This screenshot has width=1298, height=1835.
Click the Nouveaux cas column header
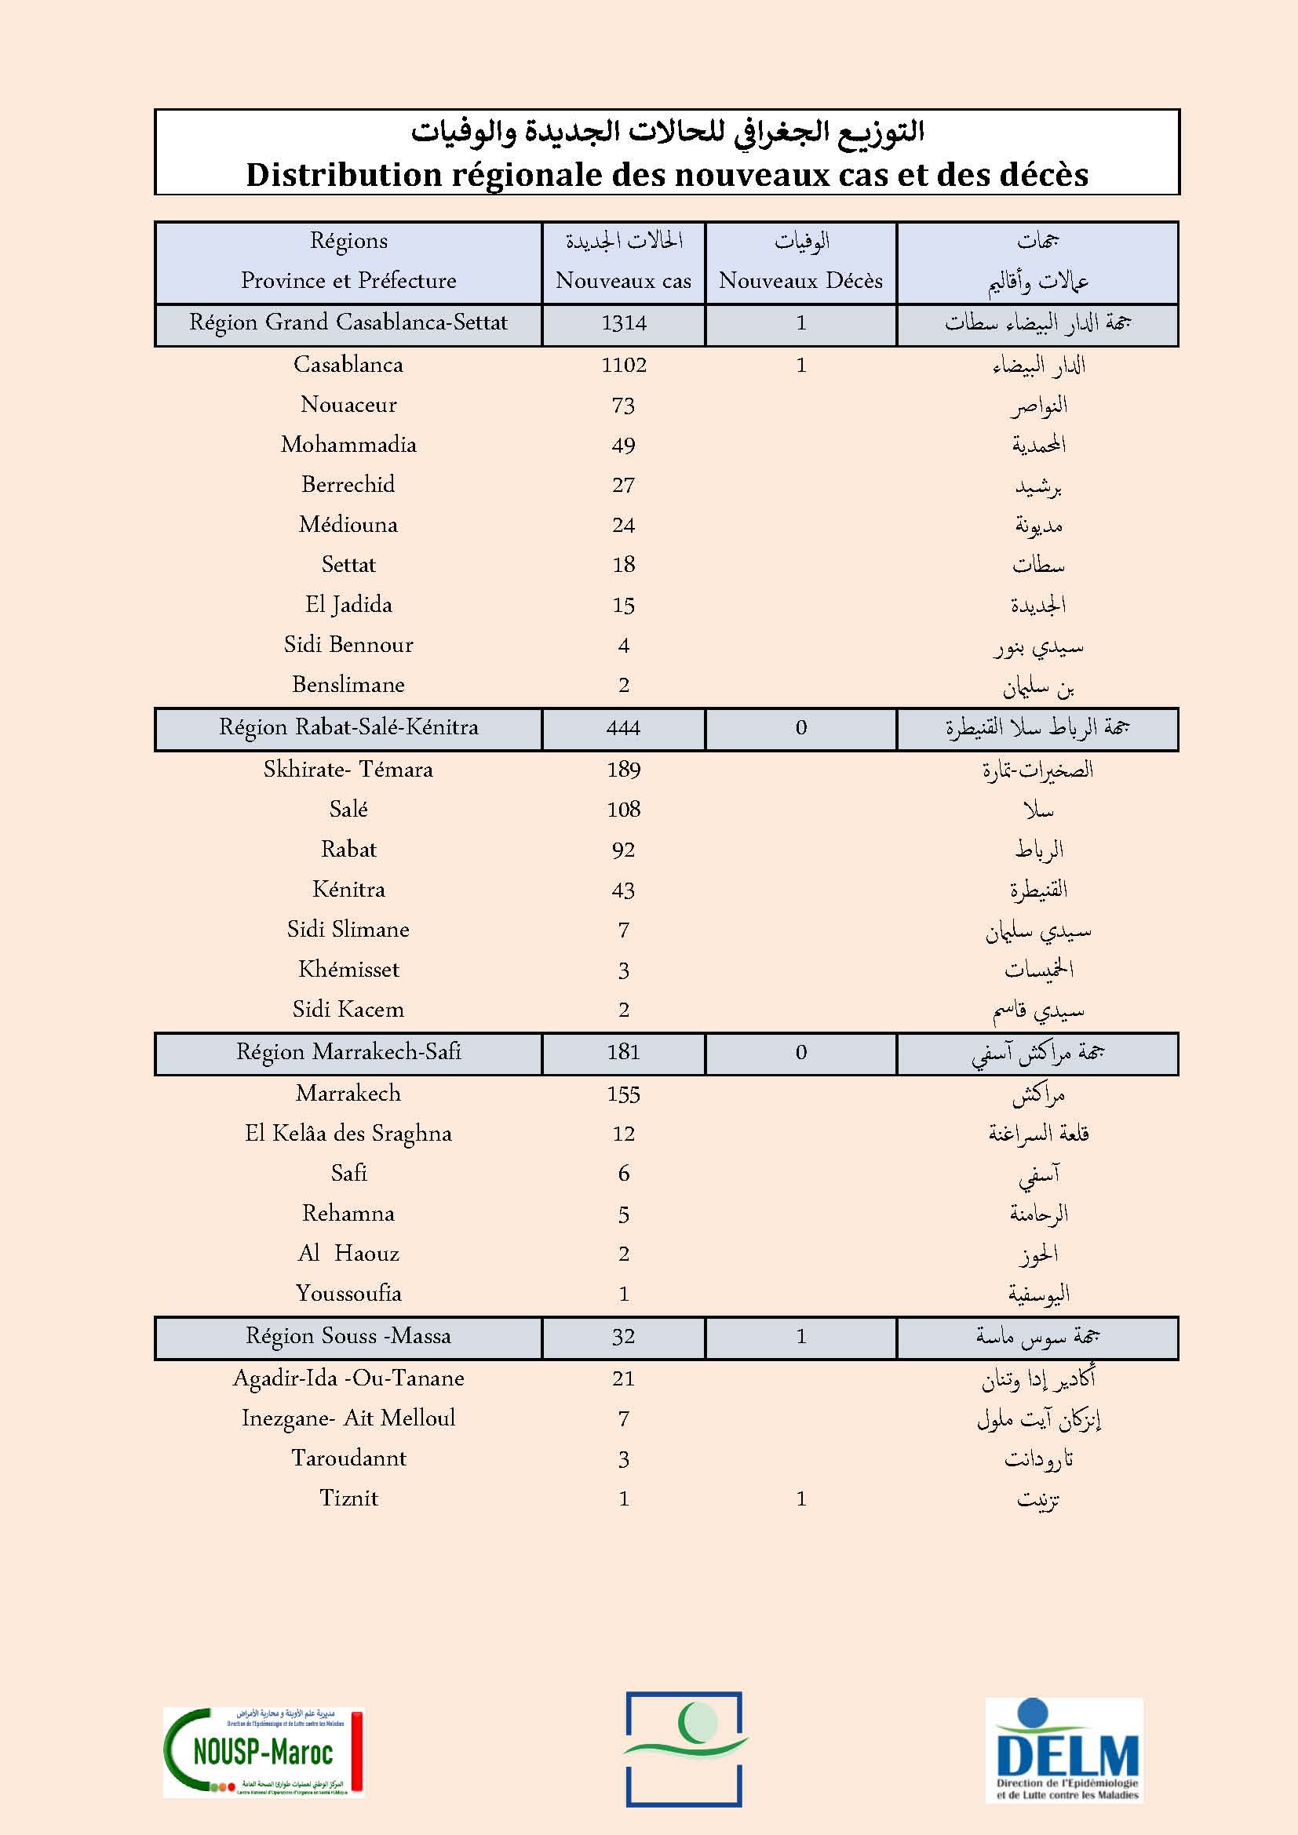pos(623,281)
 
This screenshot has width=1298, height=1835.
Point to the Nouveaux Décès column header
pos(801,281)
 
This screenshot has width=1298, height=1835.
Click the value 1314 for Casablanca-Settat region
pos(623,324)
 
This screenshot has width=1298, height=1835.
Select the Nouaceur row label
pos(348,405)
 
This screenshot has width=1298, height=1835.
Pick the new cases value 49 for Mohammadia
pos(623,446)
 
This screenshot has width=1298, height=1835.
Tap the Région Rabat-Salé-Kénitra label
pos(348,728)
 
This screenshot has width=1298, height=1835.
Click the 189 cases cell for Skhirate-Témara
pos(623,770)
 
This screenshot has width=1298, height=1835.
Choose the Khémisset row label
pos(348,970)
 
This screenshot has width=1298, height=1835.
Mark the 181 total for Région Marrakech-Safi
pos(623,1053)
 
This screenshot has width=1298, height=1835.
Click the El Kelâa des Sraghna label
pos(348,1134)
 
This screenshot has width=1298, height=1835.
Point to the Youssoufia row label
pos(348,1294)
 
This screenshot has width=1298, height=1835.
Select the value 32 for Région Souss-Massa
pos(623,1337)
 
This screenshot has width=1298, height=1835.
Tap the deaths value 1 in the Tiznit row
pos(801,1499)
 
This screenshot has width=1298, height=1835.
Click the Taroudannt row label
pos(348,1458)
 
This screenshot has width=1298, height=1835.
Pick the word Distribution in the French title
pos(344,175)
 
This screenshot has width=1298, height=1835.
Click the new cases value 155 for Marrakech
pos(623,1094)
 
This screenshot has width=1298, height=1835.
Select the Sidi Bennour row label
pos(348,645)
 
